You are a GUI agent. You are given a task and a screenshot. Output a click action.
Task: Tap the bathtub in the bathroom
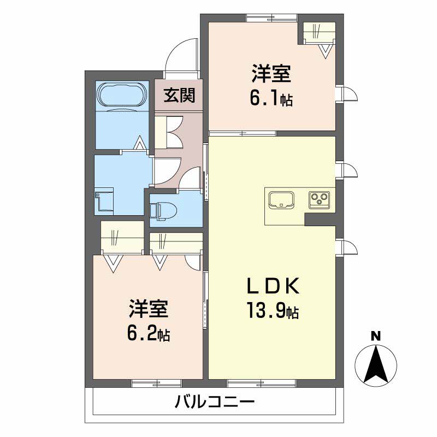point(121,96)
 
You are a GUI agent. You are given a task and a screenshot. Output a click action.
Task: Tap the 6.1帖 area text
point(271,99)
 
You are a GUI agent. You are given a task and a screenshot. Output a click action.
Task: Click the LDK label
point(271,286)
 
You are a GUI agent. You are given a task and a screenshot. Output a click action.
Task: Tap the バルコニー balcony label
point(215,404)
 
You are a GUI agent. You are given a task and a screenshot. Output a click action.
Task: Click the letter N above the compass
point(376,336)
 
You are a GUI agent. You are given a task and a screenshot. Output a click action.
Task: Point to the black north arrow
point(376,364)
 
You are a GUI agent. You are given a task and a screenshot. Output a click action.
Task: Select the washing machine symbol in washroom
point(104,200)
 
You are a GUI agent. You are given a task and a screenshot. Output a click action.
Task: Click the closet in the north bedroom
point(317,33)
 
